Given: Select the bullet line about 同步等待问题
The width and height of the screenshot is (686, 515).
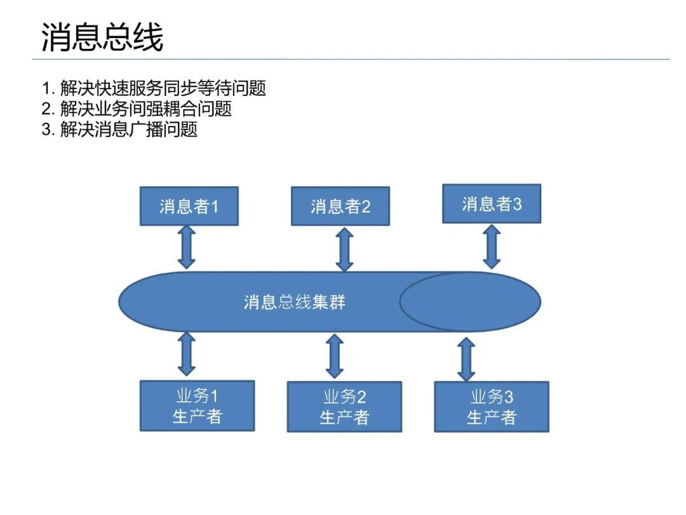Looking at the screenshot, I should (154, 88).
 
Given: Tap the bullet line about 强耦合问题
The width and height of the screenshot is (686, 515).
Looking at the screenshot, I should (137, 109).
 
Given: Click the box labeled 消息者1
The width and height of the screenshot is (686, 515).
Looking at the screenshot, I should (189, 206).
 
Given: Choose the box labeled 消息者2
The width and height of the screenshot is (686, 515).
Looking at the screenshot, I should (340, 206).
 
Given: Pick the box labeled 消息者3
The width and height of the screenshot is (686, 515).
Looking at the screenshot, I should (491, 204).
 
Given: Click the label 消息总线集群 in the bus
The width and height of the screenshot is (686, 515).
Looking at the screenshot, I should (295, 302).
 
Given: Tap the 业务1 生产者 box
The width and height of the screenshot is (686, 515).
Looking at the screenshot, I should (197, 406).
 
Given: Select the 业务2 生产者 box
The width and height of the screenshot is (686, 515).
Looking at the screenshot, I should (344, 407).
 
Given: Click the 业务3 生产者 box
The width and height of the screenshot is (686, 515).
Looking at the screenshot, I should (491, 407).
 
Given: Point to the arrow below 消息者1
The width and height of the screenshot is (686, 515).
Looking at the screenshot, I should (186, 247).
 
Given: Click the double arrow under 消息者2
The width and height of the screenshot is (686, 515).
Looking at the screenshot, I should (344, 250).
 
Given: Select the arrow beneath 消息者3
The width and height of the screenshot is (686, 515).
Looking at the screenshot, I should (492, 247).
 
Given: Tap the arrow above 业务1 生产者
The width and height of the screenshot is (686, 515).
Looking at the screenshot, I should (186, 354).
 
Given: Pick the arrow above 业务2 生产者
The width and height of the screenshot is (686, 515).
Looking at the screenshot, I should (335, 357).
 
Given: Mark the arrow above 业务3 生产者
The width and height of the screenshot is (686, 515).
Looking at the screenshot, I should (466, 360).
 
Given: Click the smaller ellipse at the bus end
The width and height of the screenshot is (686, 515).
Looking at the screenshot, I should (470, 302).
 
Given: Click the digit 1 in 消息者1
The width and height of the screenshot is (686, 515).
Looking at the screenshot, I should (214, 207).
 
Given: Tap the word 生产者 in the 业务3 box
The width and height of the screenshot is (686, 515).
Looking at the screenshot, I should (491, 417).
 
